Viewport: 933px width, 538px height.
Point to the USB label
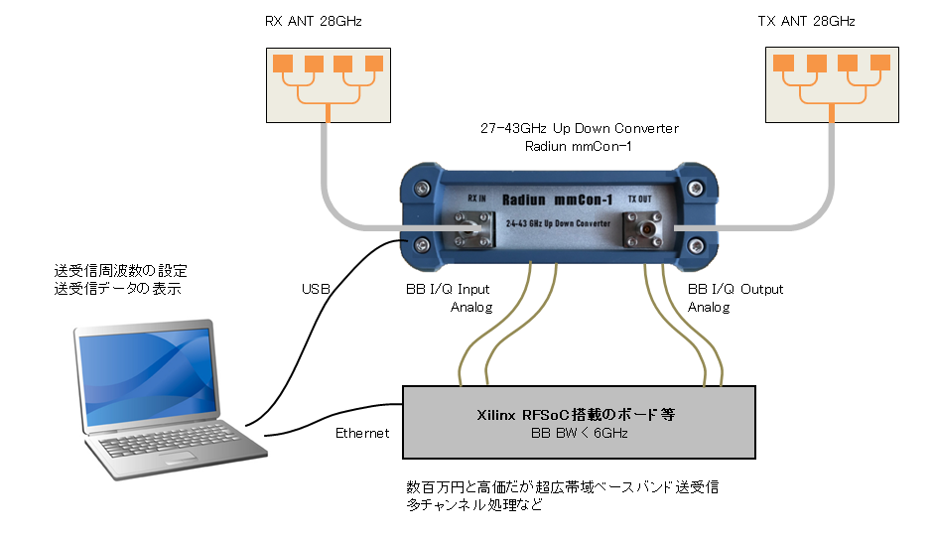[x=315, y=290]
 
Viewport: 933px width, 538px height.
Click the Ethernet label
[x=363, y=433]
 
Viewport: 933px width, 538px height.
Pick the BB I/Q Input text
[x=443, y=290]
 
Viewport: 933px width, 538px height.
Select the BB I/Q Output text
[x=735, y=290]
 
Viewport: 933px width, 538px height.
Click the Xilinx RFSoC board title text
[x=576, y=414]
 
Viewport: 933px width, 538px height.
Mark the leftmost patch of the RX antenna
[x=282, y=64]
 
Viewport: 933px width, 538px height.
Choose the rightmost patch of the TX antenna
[x=878, y=64]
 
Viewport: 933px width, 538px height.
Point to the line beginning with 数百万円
[x=561, y=487]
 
